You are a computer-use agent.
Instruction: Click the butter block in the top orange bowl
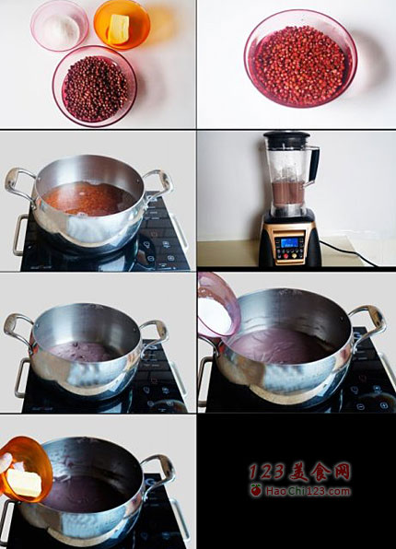[x=118, y=29]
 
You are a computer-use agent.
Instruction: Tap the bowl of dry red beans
[x=95, y=87]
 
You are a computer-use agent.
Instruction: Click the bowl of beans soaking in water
[x=301, y=58]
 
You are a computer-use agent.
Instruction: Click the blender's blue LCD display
[x=289, y=242]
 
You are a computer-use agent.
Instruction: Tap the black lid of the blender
[x=286, y=136]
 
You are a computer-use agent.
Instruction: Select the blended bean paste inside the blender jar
[x=289, y=193]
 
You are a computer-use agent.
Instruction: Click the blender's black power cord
[x=344, y=252]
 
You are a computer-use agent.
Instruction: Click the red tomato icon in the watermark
[x=256, y=490]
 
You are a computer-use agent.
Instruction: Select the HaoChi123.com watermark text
[x=308, y=491]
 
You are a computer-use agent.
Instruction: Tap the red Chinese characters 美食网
[x=320, y=473]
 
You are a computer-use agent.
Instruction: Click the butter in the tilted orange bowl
[x=24, y=483]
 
